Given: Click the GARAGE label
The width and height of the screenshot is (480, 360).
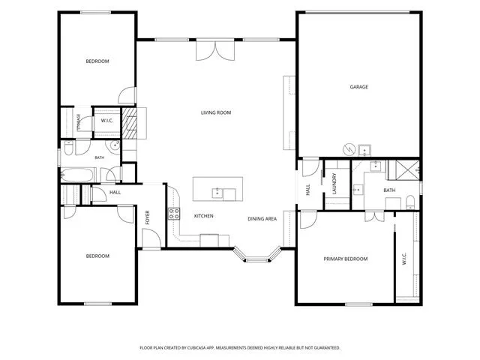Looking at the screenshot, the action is point(358,87).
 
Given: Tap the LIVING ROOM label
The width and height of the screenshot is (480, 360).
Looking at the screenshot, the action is point(216,112).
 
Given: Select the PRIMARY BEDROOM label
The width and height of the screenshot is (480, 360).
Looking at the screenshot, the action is point(346,259).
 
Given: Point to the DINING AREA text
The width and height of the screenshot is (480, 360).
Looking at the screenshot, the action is point(262,218).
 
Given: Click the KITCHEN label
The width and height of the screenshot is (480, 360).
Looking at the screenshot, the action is point(203,216).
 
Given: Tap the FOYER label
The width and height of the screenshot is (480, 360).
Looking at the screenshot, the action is point(148,217).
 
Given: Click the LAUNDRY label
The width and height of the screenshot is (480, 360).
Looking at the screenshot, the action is point(334,184).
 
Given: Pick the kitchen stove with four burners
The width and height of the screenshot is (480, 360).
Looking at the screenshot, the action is point(174,214).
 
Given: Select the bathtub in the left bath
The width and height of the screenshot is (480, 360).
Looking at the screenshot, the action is point(78,175).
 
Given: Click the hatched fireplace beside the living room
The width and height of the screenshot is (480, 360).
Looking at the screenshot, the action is point(130,123).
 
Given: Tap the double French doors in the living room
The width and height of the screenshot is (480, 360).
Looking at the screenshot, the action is point(215,50).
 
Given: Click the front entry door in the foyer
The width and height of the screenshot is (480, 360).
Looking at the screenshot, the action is point(151,238).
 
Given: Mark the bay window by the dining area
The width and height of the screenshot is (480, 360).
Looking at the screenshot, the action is point(257,256).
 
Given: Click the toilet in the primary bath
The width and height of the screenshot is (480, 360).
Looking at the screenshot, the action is point(410,202).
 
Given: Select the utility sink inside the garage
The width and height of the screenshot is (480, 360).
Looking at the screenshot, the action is point(364,150).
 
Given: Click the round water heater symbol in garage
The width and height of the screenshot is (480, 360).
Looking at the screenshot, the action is point(349,149).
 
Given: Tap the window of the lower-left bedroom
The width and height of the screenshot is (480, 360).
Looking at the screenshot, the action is point(98,304).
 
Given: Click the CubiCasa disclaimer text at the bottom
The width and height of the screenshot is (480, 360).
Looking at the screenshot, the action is point(240,348).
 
